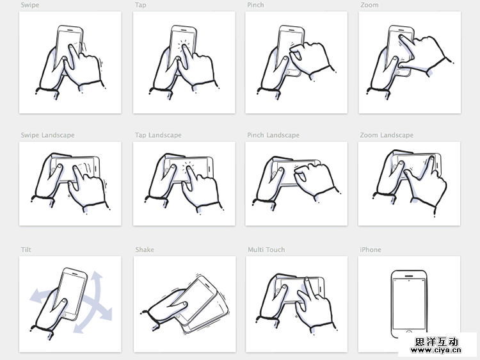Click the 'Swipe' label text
point(29,5)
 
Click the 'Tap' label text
point(141,5)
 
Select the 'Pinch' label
point(255,5)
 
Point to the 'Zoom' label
point(369,5)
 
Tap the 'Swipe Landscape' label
point(47,135)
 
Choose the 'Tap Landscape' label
point(158,135)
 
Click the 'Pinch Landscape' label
point(273,135)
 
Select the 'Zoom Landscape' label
point(386,135)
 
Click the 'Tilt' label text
point(26,250)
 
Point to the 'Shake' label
point(145,250)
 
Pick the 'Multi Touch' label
point(266,250)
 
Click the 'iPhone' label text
point(370,250)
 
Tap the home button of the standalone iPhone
point(409,333)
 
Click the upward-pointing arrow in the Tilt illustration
point(97,279)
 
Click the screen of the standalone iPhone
point(409,304)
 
